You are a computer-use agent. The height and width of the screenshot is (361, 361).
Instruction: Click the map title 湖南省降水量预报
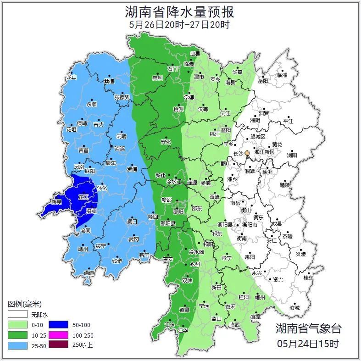[180, 11]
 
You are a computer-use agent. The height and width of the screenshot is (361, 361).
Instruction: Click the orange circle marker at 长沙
[247, 153]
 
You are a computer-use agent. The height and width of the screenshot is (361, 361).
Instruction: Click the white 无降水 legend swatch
[17, 315]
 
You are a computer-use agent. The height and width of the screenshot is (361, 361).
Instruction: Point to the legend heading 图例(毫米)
[25, 304]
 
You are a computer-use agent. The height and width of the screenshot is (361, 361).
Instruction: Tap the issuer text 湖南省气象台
[308, 328]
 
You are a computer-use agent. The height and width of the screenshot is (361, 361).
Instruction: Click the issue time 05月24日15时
[308, 343]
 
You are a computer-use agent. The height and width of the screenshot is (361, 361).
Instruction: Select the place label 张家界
[122, 97]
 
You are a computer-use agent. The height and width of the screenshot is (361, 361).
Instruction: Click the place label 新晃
[56, 202]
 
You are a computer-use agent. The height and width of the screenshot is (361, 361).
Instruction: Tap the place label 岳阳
[263, 81]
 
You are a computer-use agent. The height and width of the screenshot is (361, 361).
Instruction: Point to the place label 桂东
[309, 278]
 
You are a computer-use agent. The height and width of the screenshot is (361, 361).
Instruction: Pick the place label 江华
[183, 330]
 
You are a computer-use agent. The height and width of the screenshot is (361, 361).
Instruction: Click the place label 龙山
[71, 77]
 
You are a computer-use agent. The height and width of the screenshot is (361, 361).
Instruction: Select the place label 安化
[166, 142]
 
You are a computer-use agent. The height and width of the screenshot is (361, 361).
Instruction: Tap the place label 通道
[89, 273]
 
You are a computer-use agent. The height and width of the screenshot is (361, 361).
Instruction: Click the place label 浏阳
[292, 155]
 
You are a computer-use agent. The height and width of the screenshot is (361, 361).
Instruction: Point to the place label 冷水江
[173, 182]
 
